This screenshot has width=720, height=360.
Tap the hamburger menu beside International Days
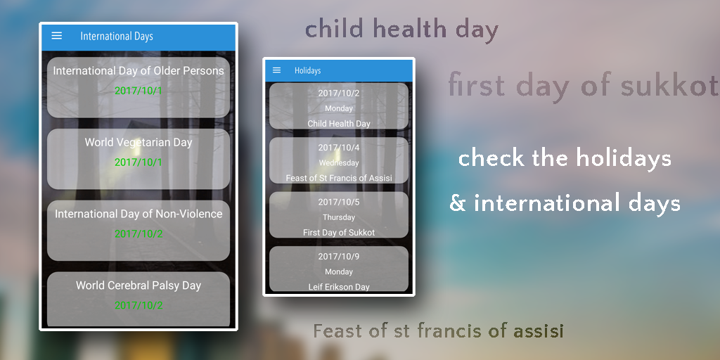56,36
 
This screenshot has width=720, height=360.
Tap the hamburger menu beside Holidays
276,70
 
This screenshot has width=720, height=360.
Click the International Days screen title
117,37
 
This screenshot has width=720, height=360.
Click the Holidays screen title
308,71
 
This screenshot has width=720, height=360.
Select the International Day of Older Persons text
139,71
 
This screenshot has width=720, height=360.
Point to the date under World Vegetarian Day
139,162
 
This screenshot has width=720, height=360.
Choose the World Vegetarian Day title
139,142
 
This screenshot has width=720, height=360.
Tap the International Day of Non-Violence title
139,214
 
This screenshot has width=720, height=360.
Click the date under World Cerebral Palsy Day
139,305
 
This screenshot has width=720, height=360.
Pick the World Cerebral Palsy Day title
139,285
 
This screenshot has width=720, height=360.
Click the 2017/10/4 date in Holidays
339,148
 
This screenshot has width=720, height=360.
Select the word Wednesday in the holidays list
339,163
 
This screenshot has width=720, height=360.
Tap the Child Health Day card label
339,124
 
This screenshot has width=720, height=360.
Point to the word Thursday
339,217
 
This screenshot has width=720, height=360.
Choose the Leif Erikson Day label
339,287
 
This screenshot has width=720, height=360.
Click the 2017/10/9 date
339,257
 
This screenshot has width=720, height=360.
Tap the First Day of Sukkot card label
339,233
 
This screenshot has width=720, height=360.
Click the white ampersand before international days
457,203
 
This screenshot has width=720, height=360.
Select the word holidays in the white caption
624,159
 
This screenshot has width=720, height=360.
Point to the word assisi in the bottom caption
539,330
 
